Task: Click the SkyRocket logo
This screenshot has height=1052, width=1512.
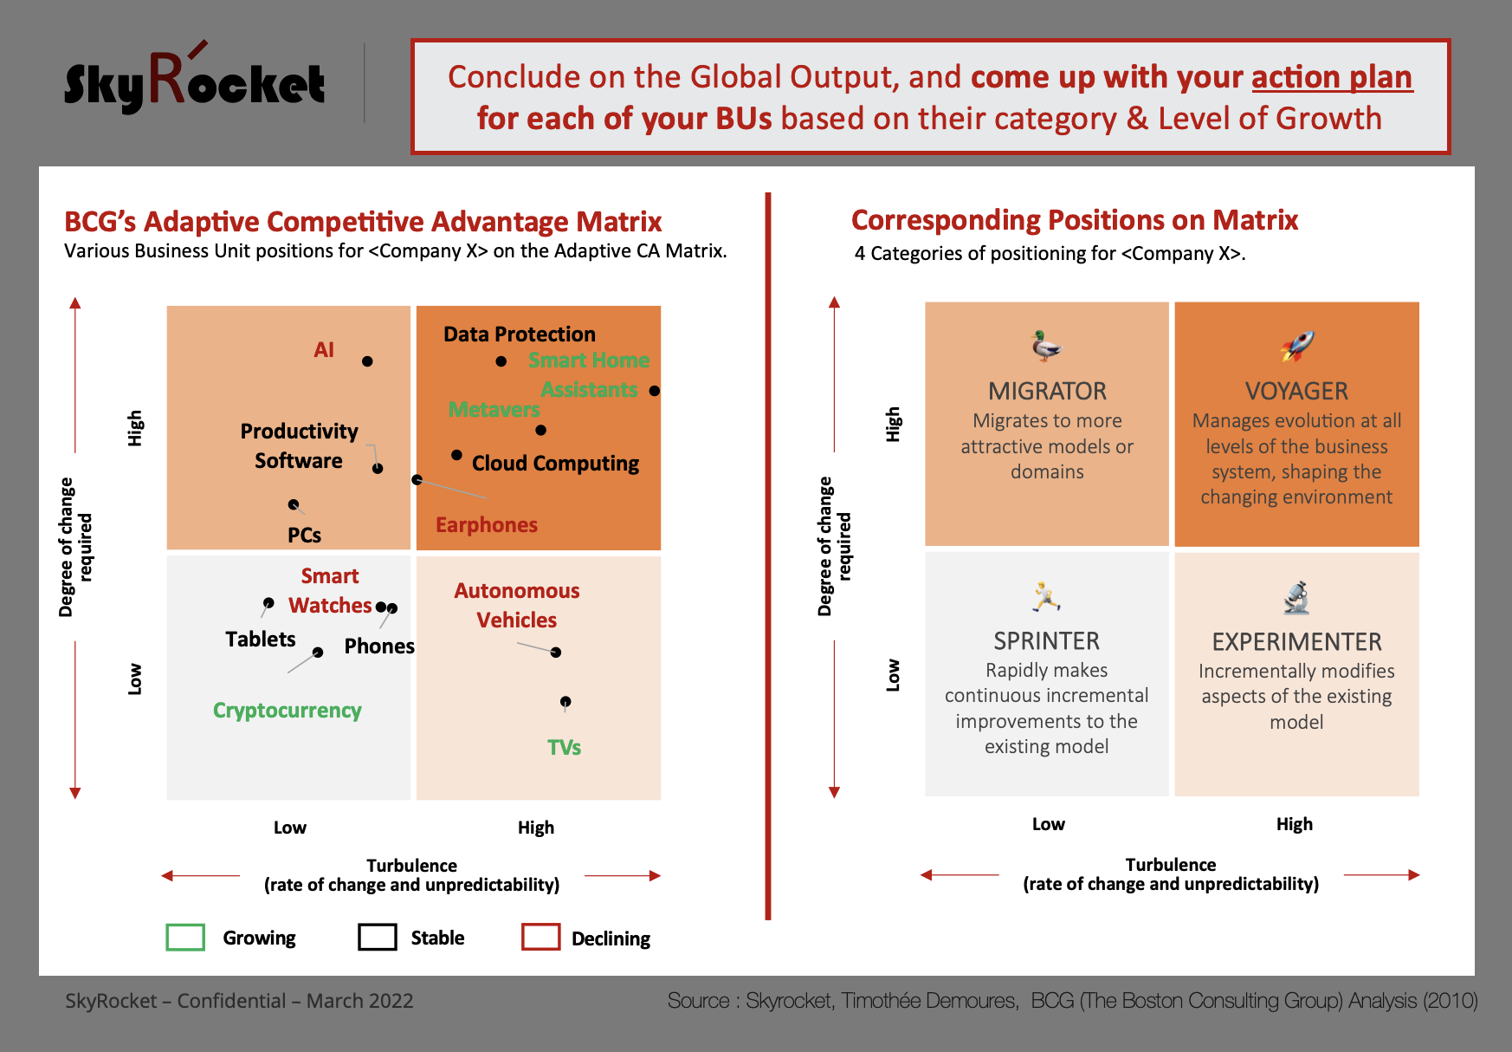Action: pos(195,79)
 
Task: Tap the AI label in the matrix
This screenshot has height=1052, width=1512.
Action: pos(324,350)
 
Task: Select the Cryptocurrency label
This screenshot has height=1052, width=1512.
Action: pos(288,711)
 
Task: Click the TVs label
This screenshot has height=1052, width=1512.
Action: pos(564,748)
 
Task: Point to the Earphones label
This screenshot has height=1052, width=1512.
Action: pos(487,525)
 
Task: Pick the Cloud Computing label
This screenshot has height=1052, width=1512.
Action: pos(555,464)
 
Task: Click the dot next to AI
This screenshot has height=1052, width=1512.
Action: pos(367,361)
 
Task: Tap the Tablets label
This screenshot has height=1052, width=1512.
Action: pos(261,640)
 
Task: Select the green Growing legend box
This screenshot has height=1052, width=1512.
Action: pos(185,938)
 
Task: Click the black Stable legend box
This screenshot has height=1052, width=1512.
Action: pos(378,938)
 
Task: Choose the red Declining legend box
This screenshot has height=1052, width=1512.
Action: pos(541,938)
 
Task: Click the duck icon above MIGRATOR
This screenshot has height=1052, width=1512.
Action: pos(1046,346)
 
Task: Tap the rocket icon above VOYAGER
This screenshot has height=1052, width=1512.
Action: pos(1297,346)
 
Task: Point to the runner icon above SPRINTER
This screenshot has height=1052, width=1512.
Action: pos(1046,596)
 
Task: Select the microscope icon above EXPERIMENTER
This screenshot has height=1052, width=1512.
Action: pos(1296,597)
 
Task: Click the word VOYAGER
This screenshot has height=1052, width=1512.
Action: pos(1296,392)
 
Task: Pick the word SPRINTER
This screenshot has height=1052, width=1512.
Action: pos(1046,641)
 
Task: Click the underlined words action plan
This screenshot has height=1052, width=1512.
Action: pos(1332,78)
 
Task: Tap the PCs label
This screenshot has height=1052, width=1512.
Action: pos(304,536)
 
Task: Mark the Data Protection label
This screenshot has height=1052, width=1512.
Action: pos(520,334)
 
